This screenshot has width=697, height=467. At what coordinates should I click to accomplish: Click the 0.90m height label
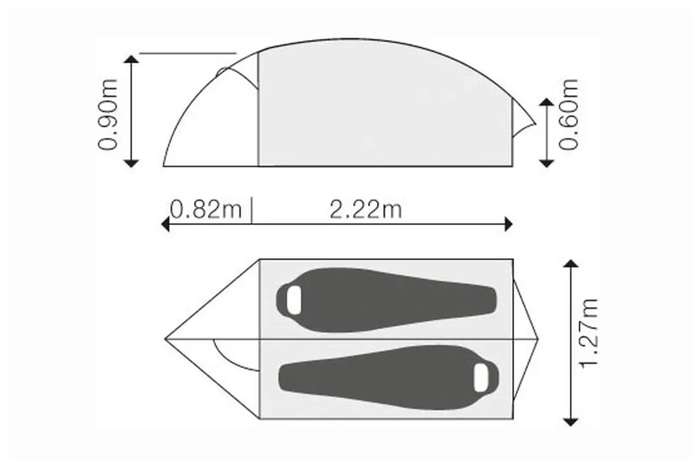pos(108,115)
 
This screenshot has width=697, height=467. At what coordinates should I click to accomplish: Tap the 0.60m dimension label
pos(569,115)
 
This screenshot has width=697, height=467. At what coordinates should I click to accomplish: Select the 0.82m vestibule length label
pos(206,210)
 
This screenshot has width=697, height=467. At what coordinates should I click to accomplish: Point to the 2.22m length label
pos(366,210)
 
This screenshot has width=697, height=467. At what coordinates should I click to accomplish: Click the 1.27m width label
pos(589,334)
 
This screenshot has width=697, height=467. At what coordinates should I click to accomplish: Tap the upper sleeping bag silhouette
pos(386,300)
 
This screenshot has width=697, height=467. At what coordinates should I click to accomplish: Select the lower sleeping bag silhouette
pos(388,378)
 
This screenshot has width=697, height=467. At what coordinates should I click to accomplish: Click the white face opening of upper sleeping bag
pos(294,300)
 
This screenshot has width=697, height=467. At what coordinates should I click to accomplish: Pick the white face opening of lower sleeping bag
pos(481,378)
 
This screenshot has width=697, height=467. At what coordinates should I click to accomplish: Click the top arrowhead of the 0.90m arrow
pos(132,59)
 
